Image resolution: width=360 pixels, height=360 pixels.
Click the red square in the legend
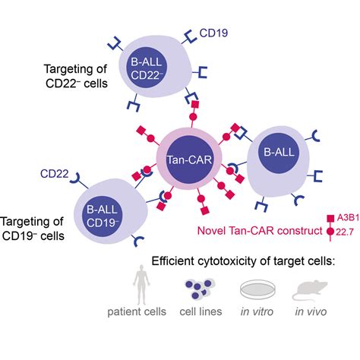(330, 217)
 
